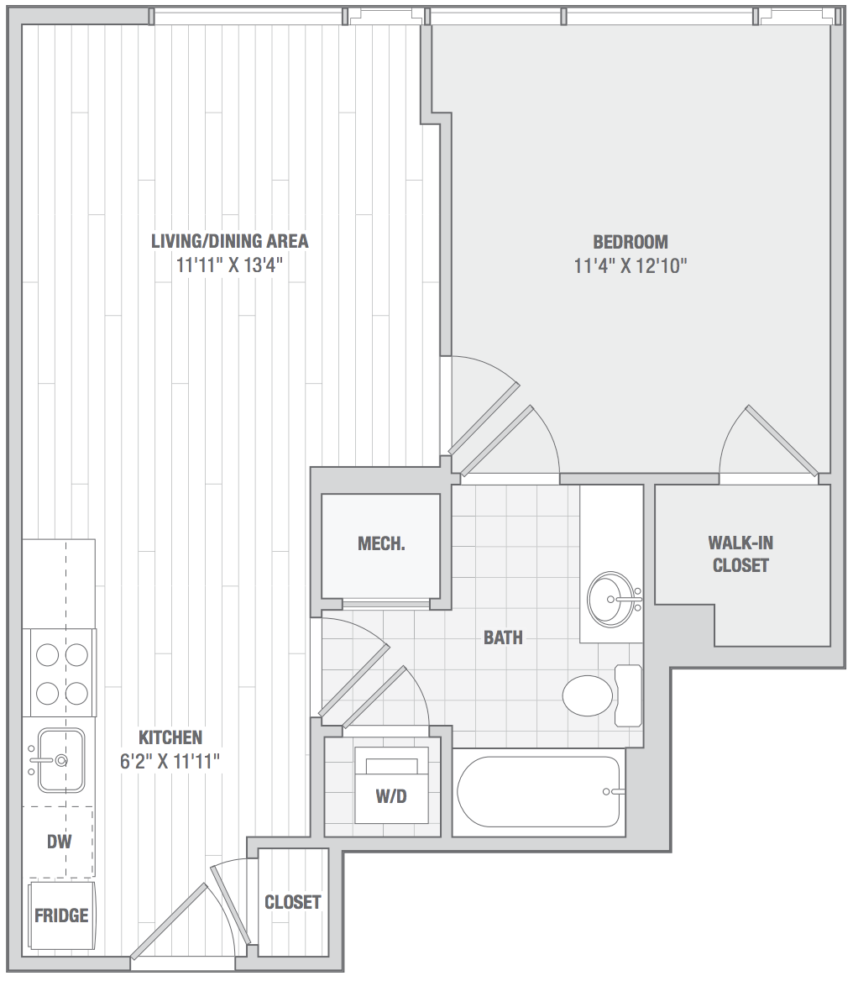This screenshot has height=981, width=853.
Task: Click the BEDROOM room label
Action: pyautogui.click(x=630, y=242)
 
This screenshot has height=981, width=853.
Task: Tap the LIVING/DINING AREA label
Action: pyautogui.click(x=229, y=241)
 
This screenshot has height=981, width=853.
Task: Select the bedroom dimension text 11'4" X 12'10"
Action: pyautogui.click(x=630, y=266)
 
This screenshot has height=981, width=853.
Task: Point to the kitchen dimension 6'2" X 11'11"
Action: pyautogui.click(x=170, y=762)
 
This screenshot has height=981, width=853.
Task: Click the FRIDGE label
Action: pyautogui.click(x=61, y=916)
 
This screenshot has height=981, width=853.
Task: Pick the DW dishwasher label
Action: pyautogui.click(x=60, y=842)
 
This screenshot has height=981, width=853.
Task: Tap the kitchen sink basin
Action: pyautogui.click(x=60, y=760)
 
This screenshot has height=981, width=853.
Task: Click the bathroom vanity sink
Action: pyautogui.click(x=611, y=600)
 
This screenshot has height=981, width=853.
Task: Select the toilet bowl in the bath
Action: pyautogui.click(x=587, y=695)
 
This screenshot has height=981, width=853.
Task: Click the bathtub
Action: pyautogui.click(x=538, y=792)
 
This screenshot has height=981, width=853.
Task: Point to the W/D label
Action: pyautogui.click(x=391, y=796)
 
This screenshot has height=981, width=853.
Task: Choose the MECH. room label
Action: pyautogui.click(x=381, y=543)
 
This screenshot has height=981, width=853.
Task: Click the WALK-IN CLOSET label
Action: pyautogui.click(x=740, y=553)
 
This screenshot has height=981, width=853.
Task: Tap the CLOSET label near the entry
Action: pyautogui.click(x=292, y=902)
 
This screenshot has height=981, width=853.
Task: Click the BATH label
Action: pyautogui.click(x=503, y=637)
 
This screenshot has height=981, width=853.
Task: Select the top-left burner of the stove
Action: pyautogui.click(x=48, y=655)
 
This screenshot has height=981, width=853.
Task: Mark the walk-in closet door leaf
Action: pyautogui.click(x=782, y=440)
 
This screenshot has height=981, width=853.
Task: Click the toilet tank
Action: pyautogui.click(x=628, y=695)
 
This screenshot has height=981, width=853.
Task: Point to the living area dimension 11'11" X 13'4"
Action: pyautogui.click(x=229, y=265)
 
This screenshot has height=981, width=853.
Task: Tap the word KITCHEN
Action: pyautogui.click(x=170, y=737)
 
